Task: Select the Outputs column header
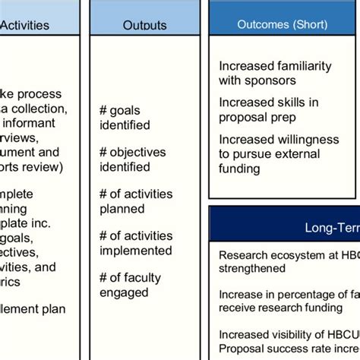point(144,25)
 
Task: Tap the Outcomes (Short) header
point(283,24)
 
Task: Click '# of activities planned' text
point(136,201)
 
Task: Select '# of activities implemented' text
point(136,242)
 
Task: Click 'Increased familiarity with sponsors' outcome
point(275,73)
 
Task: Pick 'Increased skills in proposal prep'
point(268,109)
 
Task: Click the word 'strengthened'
point(252,268)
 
